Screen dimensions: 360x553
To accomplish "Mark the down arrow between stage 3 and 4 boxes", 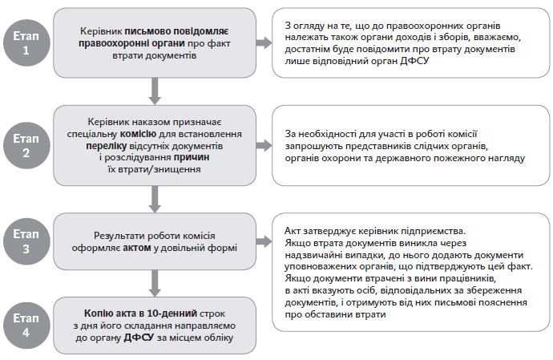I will (x=153, y=280).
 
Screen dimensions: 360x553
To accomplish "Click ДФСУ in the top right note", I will (x=414, y=61).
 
